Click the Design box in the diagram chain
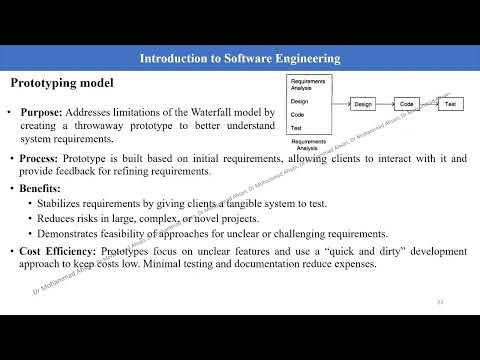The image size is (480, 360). [363, 103]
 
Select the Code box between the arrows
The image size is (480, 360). [406, 103]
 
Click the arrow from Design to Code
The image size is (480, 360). [385, 103]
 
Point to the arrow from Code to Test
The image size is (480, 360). [428, 103]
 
